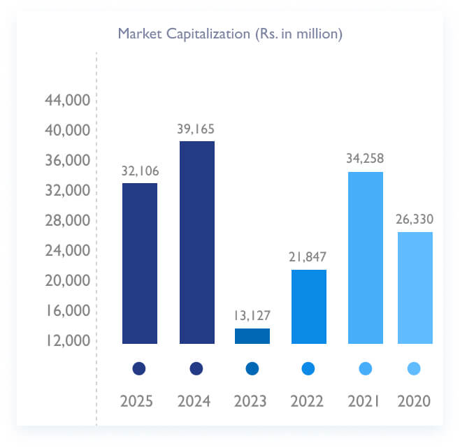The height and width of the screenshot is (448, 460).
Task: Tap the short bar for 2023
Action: pos(252,336)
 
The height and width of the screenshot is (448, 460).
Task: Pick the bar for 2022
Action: pos(309,307)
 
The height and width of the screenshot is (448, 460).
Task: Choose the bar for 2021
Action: pos(366,258)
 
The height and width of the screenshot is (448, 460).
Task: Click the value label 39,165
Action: pos(196,129)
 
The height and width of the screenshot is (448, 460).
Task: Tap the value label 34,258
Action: pos(365,159)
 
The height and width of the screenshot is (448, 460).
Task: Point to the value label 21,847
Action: pos(308,256)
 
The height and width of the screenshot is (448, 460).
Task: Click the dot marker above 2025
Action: pos(139,368)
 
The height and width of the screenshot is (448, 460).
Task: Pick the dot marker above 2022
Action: pos(308,368)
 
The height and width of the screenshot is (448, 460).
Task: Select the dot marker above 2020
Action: pos(414,368)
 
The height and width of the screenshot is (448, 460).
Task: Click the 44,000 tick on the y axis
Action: pos(67,101)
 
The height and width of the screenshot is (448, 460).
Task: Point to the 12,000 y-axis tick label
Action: pos(67,340)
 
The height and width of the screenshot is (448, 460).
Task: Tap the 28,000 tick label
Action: pos(67,221)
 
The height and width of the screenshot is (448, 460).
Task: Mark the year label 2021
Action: pos(364,401)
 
